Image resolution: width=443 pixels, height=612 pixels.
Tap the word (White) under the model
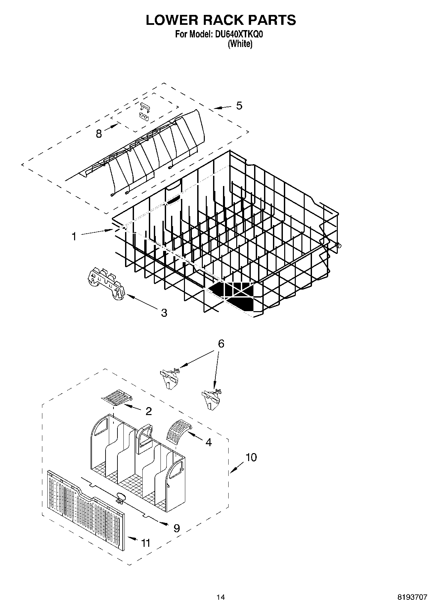click(x=240, y=44)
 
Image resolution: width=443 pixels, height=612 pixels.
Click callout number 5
click(x=239, y=106)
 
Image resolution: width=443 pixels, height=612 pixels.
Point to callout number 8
click(x=99, y=134)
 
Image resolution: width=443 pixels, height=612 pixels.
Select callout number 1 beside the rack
click(x=74, y=236)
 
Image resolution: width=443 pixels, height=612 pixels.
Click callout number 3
click(x=164, y=312)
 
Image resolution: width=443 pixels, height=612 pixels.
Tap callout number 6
click(x=221, y=344)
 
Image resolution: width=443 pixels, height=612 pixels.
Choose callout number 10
click(x=251, y=457)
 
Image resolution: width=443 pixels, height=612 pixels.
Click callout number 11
click(x=146, y=543)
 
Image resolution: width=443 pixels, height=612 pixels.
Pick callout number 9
click(x=176, y=528)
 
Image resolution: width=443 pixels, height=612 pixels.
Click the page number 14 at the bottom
click(x=220, y=597)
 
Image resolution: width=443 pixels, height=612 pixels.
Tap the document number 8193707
click(x=412, y=597)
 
